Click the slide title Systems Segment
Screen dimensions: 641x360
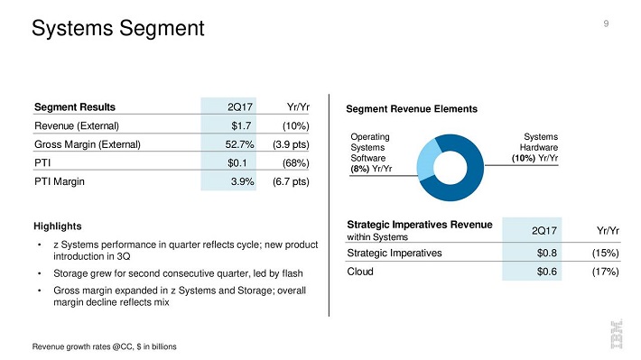coord(117,29)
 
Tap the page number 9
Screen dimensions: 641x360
coord(606,23)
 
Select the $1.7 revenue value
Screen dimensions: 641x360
coord(241,125)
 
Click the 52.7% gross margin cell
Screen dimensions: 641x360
coord(239,144)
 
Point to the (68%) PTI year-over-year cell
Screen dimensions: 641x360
coord(295,163)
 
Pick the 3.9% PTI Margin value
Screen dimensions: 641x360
coord(243,181)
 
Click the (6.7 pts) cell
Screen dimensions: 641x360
coord(291,181)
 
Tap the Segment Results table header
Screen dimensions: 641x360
coord(75,107)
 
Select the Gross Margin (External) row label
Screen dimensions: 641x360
coord(88,144)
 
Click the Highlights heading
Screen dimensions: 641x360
coord(58,226)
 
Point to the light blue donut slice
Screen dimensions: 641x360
coord(427,160)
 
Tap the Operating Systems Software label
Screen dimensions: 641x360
coord(370,152)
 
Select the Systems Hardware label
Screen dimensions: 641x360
coord(535,147)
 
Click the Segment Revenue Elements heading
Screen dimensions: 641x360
coord(412,109)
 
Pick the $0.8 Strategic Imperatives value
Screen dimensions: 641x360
coord(546,253)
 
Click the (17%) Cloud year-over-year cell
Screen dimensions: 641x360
coord(606,272)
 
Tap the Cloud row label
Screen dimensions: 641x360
coord(360,272)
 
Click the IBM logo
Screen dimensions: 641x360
coord(617,334)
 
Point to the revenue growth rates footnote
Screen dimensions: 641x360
coord(104,346)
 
